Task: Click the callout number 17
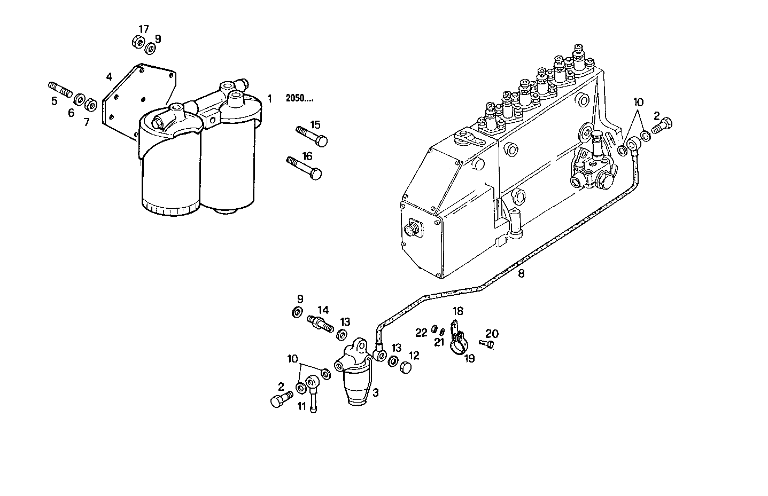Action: (144, 29)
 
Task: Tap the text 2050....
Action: (299, 98)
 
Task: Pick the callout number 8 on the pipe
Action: (521, 274)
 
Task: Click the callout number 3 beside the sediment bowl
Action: (376, 392)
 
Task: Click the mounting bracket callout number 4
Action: (109, 76)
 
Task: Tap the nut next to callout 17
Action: (137, 42)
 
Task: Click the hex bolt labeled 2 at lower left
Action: (281, 400)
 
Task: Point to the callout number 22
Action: (421, 333)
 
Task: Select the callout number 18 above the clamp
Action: (458, 311)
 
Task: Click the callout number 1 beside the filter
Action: (270, 98)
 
